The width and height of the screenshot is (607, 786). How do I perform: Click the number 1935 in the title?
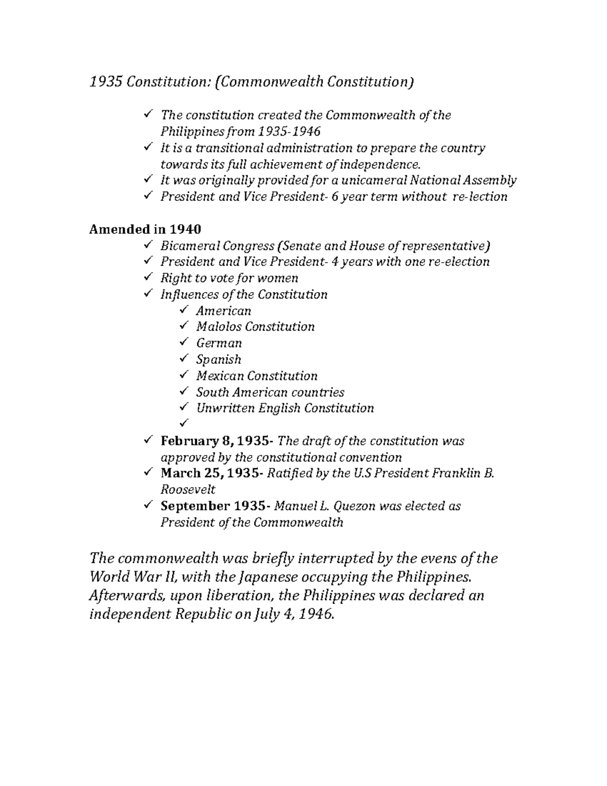coord(106,82)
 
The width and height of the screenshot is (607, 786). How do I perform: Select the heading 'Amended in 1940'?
coord(145,229)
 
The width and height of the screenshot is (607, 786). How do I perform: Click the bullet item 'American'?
coord(223,311)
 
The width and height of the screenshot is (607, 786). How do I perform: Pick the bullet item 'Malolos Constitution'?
coord(255,327)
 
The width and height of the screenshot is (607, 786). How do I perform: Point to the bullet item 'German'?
coord(219,343)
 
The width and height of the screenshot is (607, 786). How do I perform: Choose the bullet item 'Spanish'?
coord(218,359)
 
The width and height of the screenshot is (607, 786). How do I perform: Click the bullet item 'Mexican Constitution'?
coord(256,376)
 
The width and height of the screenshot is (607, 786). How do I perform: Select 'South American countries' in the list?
coord(270,392)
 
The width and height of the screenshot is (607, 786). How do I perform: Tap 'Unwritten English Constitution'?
coord(284,408)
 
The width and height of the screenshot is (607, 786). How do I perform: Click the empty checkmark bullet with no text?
coord(183,423)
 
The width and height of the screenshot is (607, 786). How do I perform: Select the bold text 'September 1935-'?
coord(215,506)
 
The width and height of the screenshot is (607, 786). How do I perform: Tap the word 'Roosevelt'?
coord(188,490)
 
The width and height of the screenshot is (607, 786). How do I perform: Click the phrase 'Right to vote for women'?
coord(229,278)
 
